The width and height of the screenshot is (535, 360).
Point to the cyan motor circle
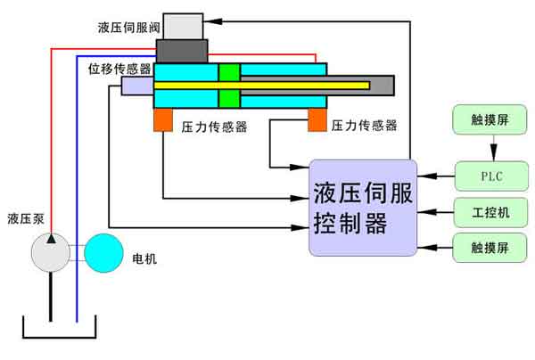[106, 253]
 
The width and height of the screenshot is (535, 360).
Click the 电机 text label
[144, 260]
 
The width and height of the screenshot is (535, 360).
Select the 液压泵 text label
[26, 219]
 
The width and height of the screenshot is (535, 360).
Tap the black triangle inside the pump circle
[51, 240]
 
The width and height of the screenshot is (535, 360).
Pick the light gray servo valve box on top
[183, 26]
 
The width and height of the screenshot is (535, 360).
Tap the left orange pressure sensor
[163, 120]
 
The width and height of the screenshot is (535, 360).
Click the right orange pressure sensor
[317, 120]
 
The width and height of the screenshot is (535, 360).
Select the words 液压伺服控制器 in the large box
[363, 208]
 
